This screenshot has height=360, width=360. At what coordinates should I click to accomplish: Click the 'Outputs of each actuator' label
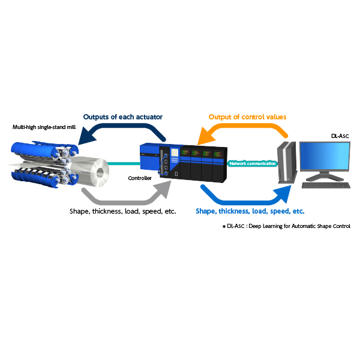point(123,117)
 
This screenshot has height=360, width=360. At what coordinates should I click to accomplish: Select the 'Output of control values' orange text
point(247,117)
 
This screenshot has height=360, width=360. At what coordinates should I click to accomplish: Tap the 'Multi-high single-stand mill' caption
point(44,127)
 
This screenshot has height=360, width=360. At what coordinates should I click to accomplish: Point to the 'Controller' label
point(140,178)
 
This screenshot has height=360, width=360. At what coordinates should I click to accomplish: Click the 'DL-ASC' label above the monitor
point(340,136)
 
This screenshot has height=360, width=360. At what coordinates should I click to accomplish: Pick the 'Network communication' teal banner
point(253,163)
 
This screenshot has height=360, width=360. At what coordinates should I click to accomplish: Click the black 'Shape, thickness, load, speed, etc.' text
point(123,211)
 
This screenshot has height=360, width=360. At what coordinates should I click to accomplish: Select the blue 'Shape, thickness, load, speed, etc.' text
point(250,211)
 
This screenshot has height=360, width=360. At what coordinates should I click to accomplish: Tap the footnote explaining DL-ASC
point(287,226)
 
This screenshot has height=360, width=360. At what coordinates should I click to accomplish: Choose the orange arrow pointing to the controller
point(245,126)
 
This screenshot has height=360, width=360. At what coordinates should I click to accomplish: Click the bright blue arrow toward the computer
point(244,203)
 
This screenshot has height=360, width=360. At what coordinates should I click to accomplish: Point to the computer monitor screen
point(325,156)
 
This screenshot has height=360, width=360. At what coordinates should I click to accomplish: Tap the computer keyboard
point(326,185)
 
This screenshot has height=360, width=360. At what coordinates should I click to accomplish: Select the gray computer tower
point(287,163)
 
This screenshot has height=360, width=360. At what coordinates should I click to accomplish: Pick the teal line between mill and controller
point(124,163)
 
